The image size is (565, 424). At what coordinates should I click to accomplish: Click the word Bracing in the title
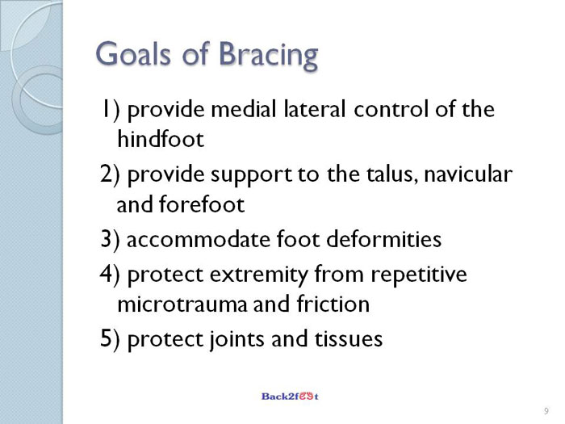(269, 56)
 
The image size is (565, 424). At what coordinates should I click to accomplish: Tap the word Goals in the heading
(133, 53)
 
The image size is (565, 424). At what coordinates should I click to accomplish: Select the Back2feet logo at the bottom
(290, 397)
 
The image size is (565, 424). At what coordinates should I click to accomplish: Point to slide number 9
(546, 411)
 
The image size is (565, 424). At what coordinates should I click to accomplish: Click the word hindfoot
(161, 139)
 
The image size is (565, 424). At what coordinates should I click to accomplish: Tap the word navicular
(468, 174)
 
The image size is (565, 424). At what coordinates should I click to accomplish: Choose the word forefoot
(202, 204)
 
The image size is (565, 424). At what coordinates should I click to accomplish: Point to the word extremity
(259, 275)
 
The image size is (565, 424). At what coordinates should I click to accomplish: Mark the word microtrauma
(182, 304)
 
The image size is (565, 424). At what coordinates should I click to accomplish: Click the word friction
(333, 304)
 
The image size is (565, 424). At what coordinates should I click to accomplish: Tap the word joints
(236, 340)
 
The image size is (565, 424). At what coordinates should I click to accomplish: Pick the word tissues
(349, 339)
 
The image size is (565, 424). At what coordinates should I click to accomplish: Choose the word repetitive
(419, 275)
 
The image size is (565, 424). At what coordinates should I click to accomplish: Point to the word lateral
(315, 109)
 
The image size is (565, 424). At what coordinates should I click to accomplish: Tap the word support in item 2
(251, 175)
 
